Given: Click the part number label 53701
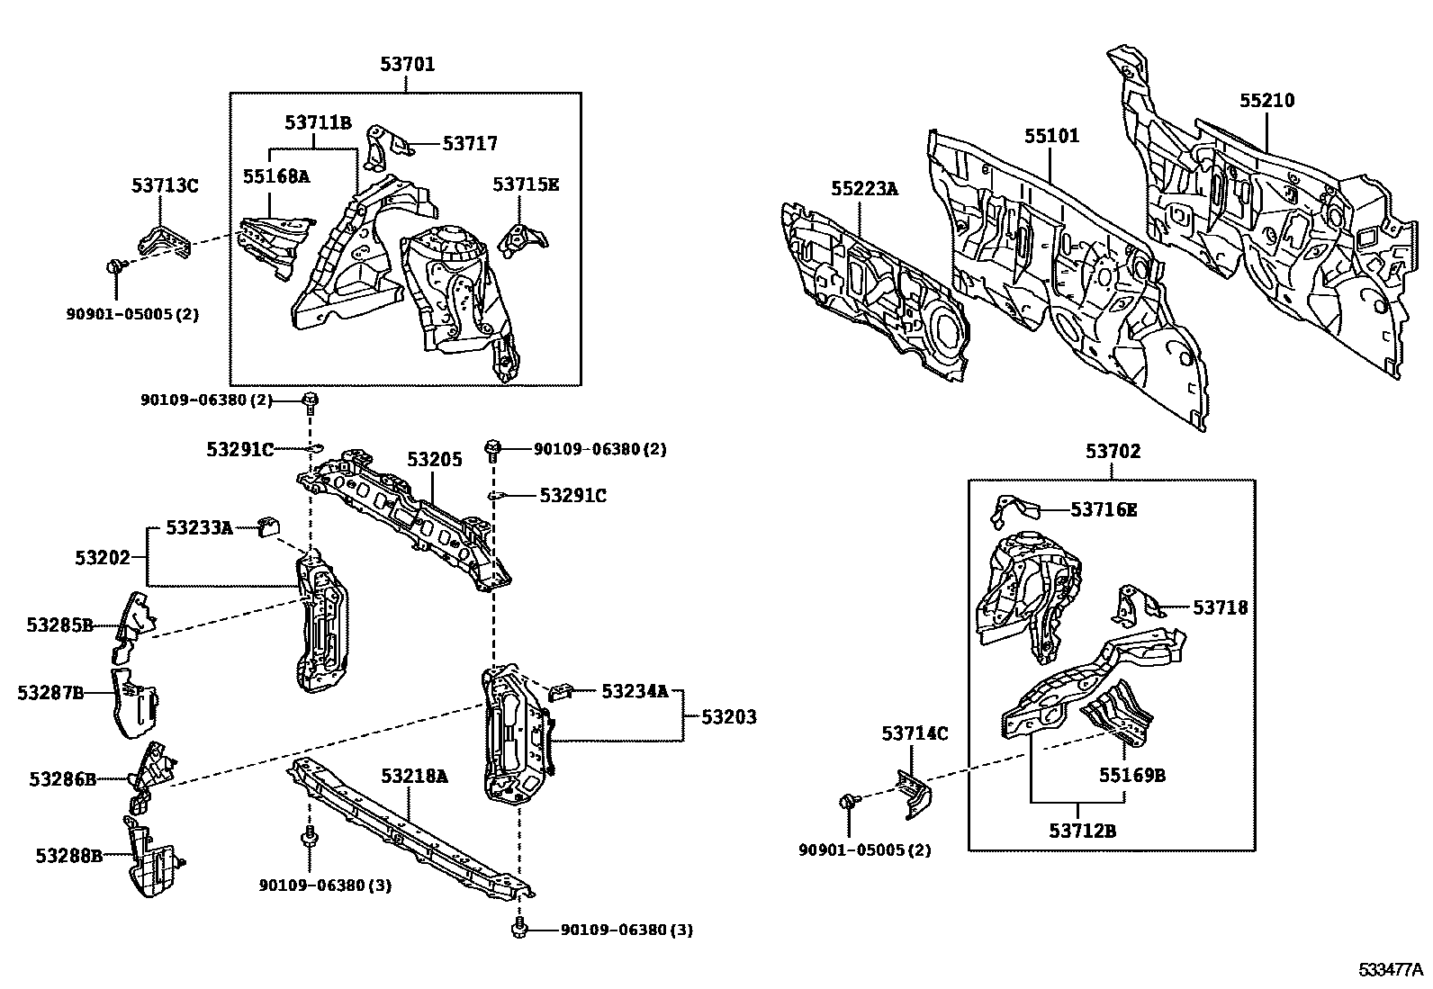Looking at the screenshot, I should click(x=407, y=64).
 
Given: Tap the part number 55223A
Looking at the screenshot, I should click(x=864, y=189).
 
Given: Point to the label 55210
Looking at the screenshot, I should click(x=1266, y=101).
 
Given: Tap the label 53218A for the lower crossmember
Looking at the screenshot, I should click(x=413, y=776).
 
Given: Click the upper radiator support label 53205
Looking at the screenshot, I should click(x=434, y=460).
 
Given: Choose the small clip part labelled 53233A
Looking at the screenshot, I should click(x=268, y=526).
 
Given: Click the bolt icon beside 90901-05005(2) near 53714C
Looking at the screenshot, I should click(x=849, y=800).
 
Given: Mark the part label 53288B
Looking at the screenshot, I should click(x=69, y=855).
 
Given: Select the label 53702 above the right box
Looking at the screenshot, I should click(x=1112, y=452).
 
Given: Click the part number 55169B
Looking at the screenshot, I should click(x=1131, y=775).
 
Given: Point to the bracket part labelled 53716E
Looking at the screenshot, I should click(x=1012, y=509).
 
